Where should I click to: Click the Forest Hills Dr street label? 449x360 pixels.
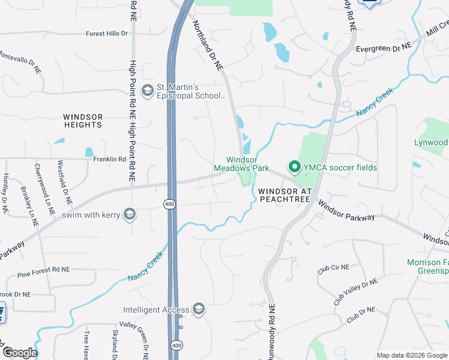(x=107, y=34)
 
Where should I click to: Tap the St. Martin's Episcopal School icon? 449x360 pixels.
(x=147, y=91)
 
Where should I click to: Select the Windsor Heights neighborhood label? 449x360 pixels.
(x=83, y=121)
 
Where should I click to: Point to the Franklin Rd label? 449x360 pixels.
(x=109, y=160)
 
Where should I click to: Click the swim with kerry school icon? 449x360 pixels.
(x=129, y=214)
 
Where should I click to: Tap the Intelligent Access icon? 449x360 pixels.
(x=199, y=310)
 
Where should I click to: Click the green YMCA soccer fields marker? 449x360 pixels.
(x=294, y=167)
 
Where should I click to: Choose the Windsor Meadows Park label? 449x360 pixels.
(x=242, y=164)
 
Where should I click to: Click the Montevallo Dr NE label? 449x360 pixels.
(x=21, y=62)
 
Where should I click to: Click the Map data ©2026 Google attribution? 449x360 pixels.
(x=411, y=355)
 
